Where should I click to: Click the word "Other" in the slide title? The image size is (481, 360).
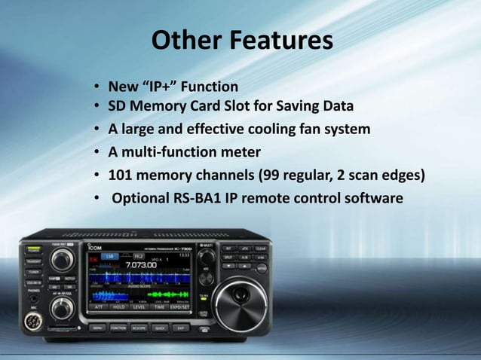click(182, 40)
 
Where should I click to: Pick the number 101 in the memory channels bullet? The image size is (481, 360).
click(121, 176)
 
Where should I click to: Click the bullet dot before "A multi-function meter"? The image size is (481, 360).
click(98, 154)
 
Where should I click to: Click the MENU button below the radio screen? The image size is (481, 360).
click(97, 328)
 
